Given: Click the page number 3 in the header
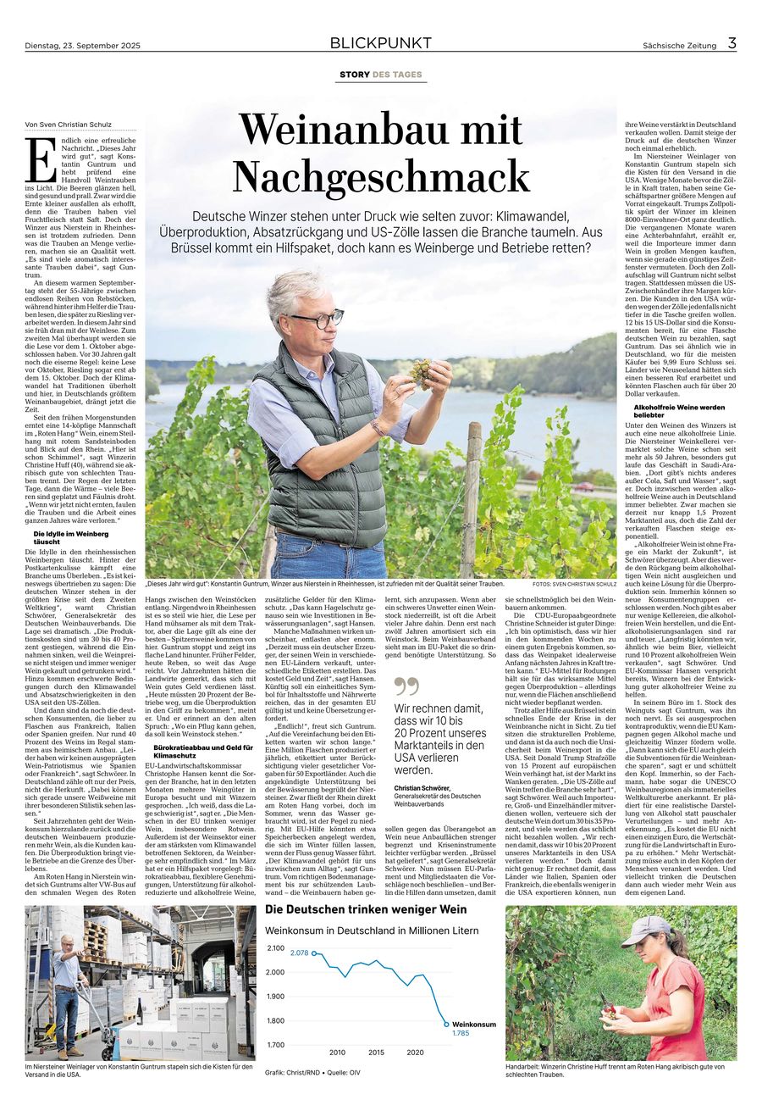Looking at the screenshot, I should point(732,43).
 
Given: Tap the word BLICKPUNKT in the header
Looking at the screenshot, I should point(380,43).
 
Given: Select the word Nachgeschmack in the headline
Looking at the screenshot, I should point(381,176).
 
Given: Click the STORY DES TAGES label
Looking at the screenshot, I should point(380,75).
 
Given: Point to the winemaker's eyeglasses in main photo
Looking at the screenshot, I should point(317,319).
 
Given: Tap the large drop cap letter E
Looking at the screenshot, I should point(36,155).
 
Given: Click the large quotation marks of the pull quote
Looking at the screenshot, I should point(406,686).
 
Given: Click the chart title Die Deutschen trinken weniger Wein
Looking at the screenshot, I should point(366,909).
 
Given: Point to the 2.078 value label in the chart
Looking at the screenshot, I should point(299,953).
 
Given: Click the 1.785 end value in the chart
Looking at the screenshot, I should point(461,1033).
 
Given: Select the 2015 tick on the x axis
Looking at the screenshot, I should point(376,1053).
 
